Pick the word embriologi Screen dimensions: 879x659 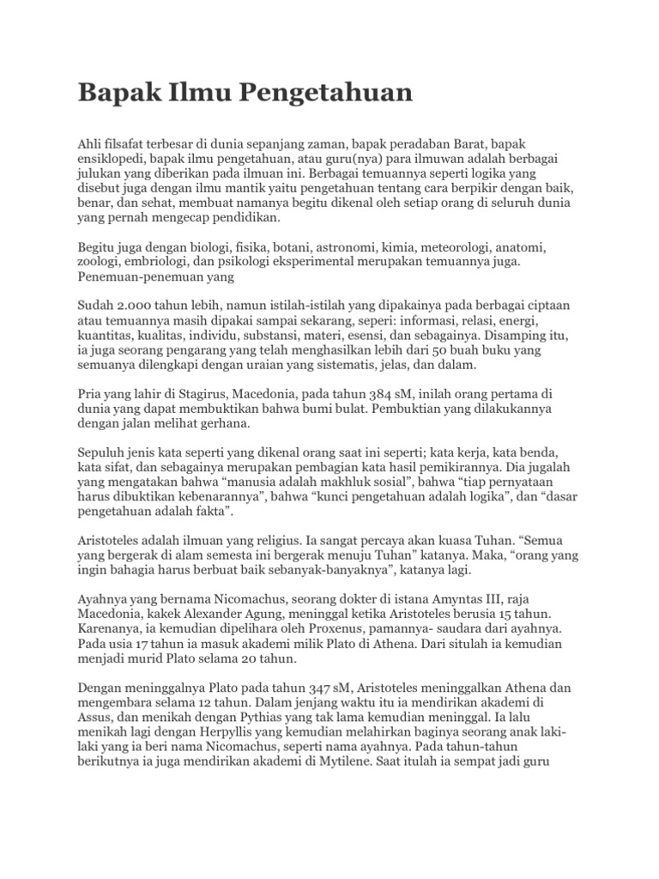click(x=158, y=261)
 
